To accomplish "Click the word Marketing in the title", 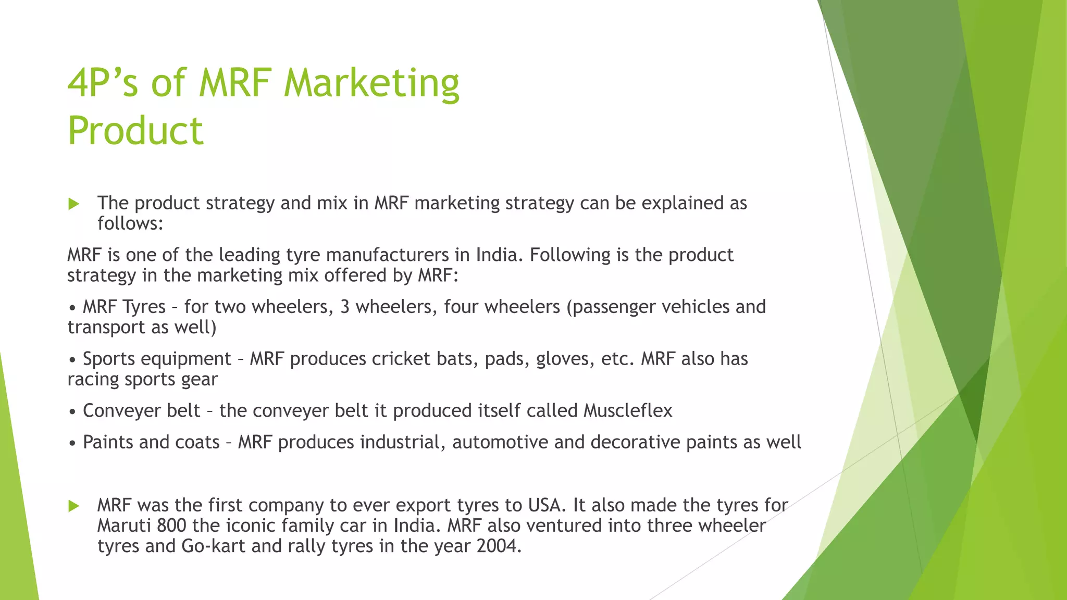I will pos(371,84).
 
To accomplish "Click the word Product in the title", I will pos(135,131).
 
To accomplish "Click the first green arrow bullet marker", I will pos(74,204).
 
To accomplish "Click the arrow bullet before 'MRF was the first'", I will pos(74,506).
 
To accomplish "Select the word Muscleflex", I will pos(628,411).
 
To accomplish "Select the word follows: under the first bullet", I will pos(131,223).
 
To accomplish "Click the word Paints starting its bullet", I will pos(108,442).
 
